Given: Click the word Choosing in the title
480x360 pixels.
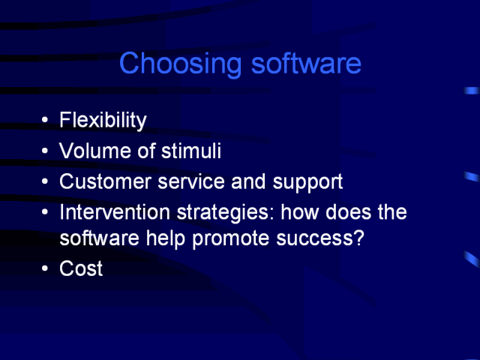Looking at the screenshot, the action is pos(180,64).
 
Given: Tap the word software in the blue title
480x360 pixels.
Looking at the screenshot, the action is pos(306,63).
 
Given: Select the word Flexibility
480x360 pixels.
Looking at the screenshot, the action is pos(103,120).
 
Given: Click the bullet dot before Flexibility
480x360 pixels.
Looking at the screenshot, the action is pos(45,120).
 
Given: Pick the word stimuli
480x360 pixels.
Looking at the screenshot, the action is pos(191,150).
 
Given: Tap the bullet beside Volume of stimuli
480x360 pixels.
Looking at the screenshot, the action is pos(45,151).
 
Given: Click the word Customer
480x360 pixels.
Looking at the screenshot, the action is pos(105,181).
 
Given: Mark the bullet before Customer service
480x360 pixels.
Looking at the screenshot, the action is pos(45,181).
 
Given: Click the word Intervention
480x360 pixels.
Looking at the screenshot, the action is pos(115,211).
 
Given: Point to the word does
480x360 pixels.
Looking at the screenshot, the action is pos(348,211).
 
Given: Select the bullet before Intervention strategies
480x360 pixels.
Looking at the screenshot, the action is pos(45,211).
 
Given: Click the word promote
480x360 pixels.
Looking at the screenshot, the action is pos(231,239).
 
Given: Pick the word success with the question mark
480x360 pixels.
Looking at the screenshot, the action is pos(320,238).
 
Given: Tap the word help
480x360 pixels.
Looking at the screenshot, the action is pos(166,238).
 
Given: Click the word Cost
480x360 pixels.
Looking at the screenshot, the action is pos(81,268).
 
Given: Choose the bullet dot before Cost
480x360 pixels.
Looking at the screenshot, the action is pos(45,268).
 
